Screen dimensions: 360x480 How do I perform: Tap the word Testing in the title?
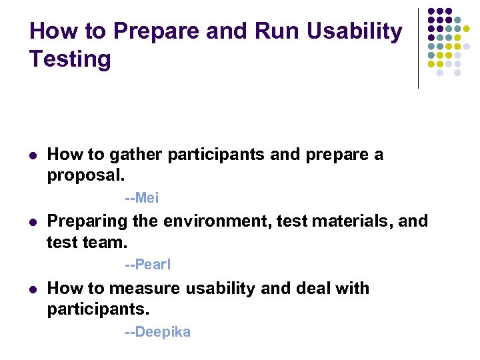tap(70, 59)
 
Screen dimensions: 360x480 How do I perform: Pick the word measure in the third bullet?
tap(144, 289)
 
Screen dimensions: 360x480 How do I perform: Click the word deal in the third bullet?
tap(305, 289)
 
